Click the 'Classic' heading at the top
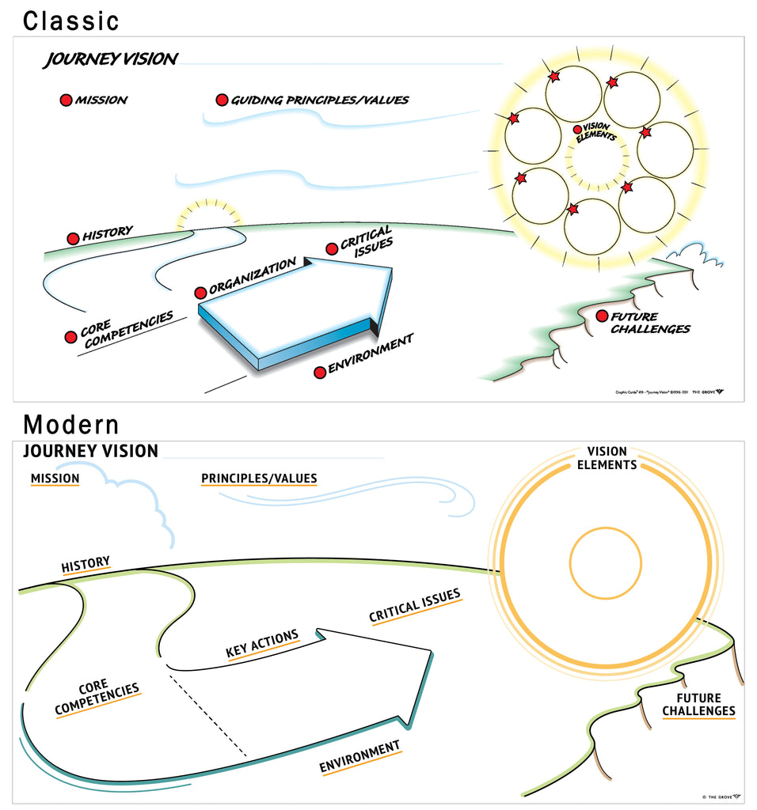71,21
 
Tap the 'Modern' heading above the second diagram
71,425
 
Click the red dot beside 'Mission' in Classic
67,100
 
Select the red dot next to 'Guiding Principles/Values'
222,100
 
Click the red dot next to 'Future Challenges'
602,316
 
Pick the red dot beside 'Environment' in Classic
320,372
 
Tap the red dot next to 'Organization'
201,292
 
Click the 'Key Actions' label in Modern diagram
262,644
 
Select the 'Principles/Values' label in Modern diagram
259,478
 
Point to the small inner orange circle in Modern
606,564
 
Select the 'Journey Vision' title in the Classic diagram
111,59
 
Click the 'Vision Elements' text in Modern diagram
607,458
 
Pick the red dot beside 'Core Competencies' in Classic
70,337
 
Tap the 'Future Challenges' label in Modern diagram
699,704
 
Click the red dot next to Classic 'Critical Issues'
332,249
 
